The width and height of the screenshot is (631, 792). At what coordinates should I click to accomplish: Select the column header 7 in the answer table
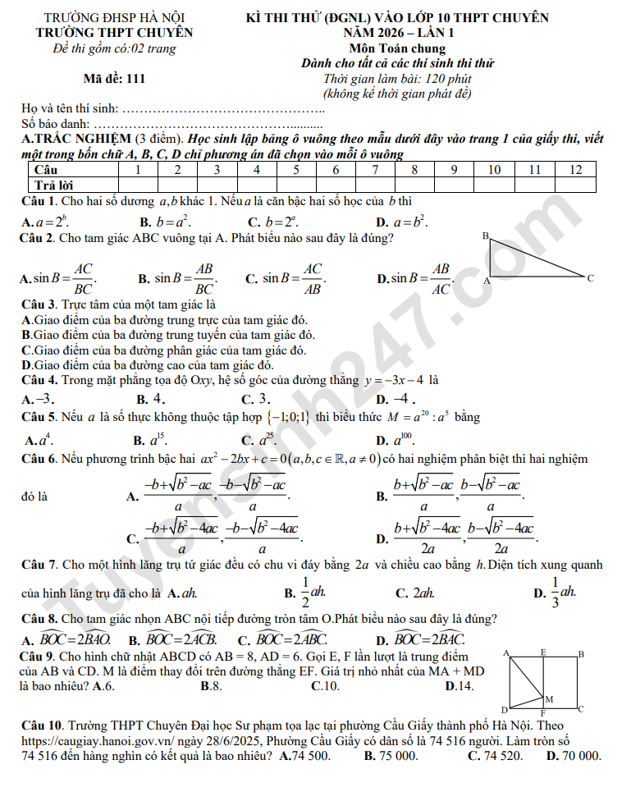375,169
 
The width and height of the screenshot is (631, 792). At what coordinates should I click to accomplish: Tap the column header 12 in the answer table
575,169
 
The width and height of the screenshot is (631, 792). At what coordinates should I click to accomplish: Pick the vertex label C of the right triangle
590,279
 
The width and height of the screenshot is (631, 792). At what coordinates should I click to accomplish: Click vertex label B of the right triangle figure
485,236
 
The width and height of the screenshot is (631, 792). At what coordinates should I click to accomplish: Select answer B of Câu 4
153,399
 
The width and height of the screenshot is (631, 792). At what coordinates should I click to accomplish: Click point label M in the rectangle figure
549,698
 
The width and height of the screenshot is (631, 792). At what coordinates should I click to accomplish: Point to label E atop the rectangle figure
543,652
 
